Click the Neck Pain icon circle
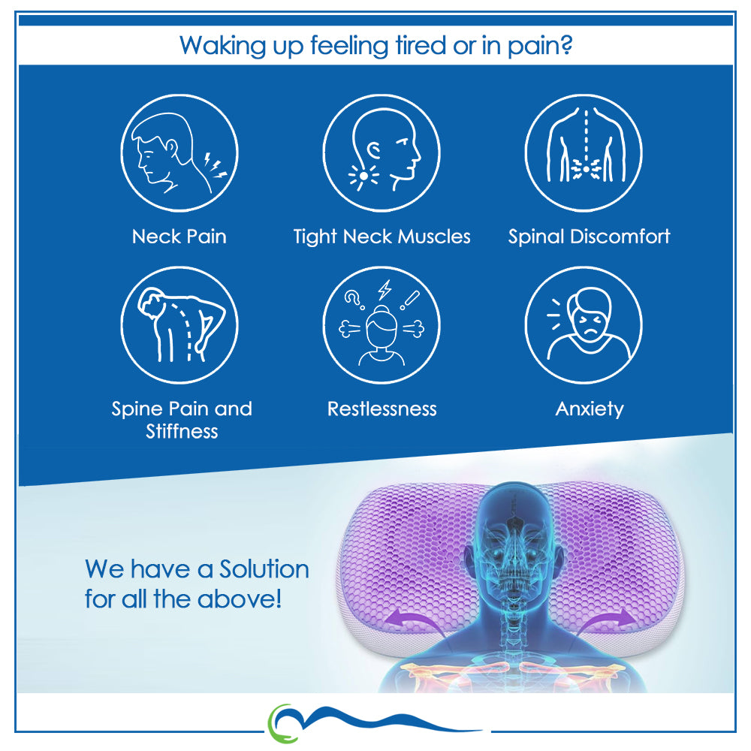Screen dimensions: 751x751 179,152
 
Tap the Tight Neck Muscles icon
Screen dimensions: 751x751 382,152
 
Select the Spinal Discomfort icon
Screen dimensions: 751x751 584,152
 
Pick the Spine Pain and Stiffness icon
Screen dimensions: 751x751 179,325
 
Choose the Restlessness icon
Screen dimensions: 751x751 382,325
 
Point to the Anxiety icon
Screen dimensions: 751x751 584,325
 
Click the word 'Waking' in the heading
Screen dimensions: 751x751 223,47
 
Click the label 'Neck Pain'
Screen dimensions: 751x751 179,237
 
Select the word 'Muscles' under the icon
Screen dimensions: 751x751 434,237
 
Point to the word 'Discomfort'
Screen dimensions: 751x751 620,237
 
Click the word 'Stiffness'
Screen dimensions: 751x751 182,432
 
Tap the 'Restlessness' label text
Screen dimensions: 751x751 382,409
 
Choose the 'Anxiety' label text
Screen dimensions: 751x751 590,409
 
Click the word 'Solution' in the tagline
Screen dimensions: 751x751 264,569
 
